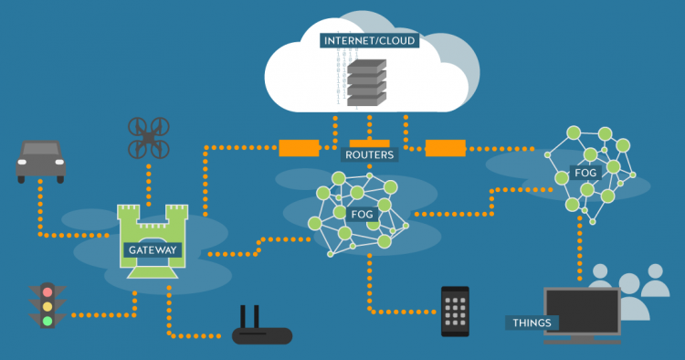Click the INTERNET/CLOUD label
click(x=367, y=41)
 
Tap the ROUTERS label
click(x=370, y=155)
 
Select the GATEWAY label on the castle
click(x=153, y=249)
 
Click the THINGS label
click(x=532, y=323)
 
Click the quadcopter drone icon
click(x=149, y=137)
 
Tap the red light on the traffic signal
click(x=47, y=292)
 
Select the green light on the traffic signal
click(x=47, y=321)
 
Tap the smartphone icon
click(x=455, y=311)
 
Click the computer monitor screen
click(x=583, y=310)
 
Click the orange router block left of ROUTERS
click(x=299, y=147)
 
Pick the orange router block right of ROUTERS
click(x=445, y=147)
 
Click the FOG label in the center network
click(x=361, y=214)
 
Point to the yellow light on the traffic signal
click(x=47, y=307)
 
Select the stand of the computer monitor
click(x=581, y=339)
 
